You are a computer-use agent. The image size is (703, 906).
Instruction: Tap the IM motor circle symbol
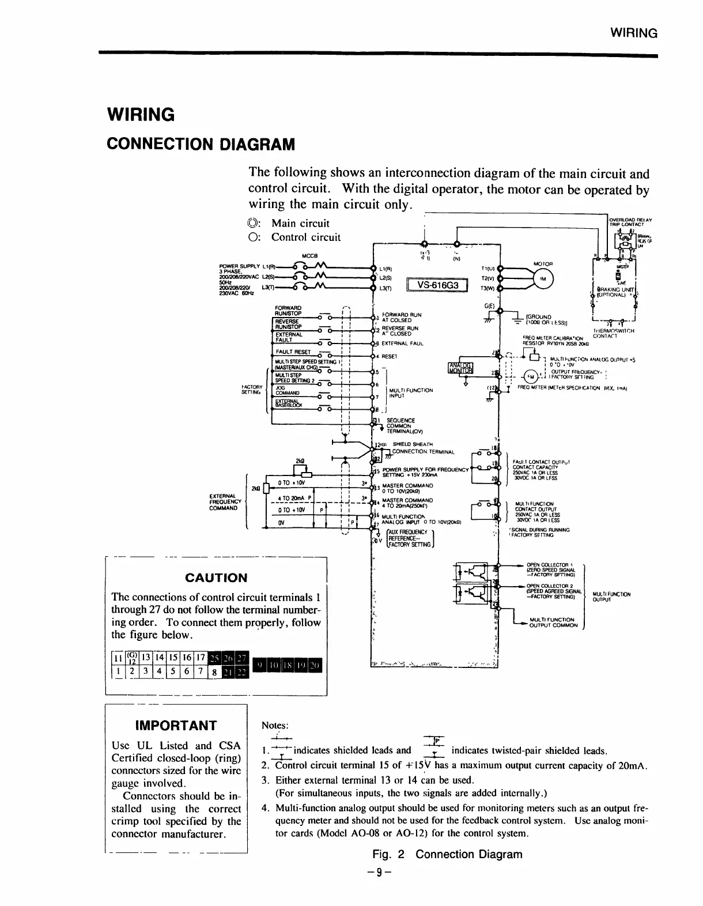tap(542, 279)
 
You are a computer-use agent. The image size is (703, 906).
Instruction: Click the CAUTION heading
tap(217, 577)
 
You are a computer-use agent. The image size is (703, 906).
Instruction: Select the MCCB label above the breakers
tap(311, 255)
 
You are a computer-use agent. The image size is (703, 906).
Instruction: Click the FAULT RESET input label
tap(293, 352)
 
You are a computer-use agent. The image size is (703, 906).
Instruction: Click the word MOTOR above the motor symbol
tap(543, 264)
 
